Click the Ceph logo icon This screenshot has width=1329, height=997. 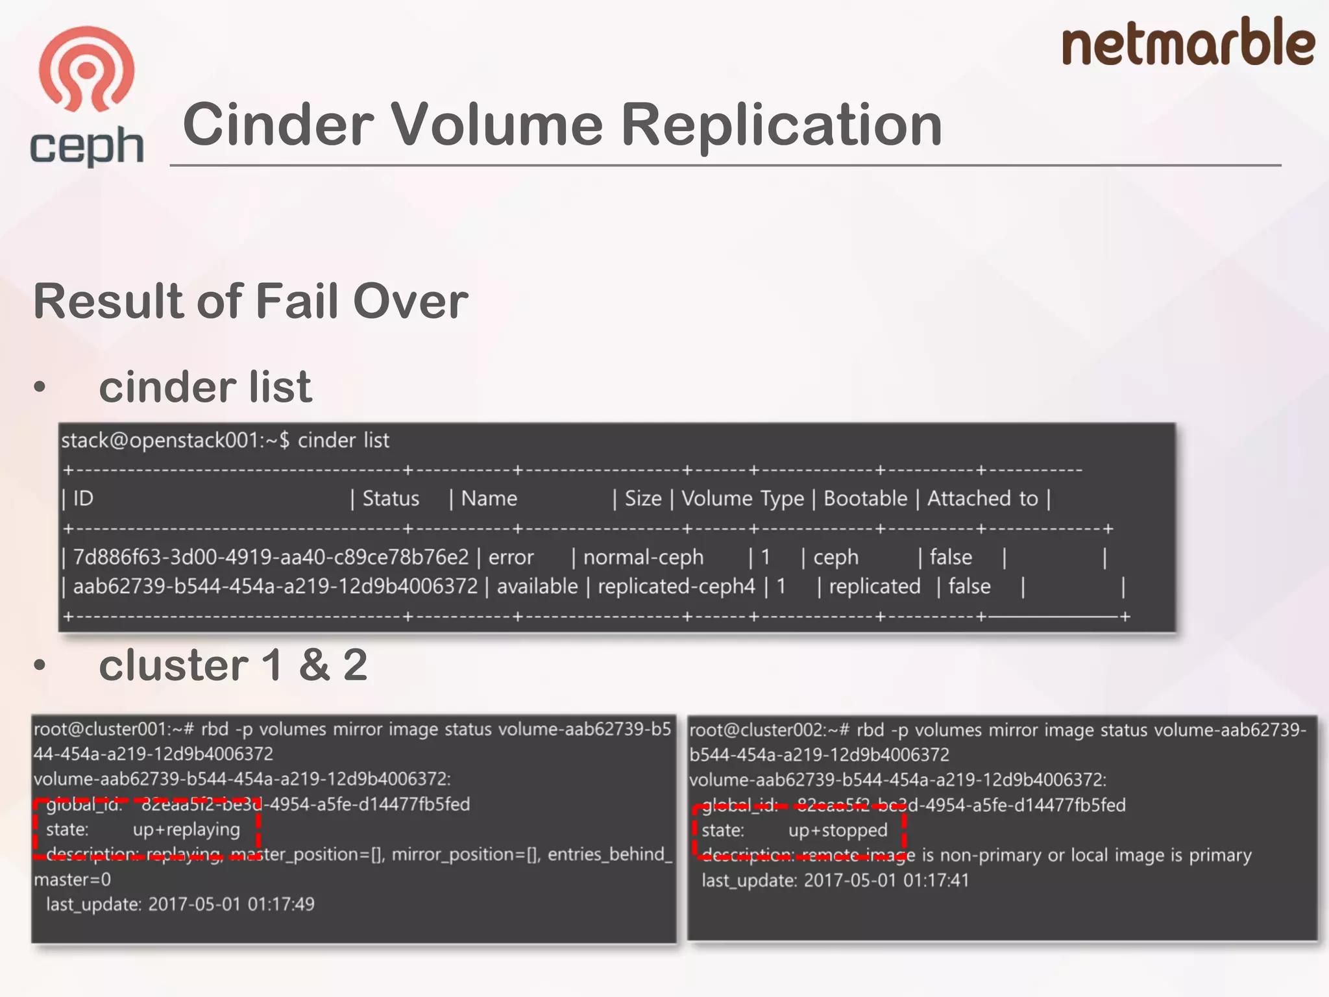pyautogui.click(x=86, y=70)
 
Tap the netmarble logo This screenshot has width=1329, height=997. pyautogui.click(x=1188, y=43)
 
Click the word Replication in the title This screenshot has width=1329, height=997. pyautogui.click(x=781, y=125)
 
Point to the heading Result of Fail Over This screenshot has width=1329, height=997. pyautogui.click(x=250, y=301)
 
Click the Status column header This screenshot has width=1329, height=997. pyautogui.click(x=391, y=498)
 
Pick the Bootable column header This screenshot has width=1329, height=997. pyautogui.click(x=865, y=498)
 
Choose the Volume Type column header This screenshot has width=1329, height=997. pyautogui.click(x=742, y=498)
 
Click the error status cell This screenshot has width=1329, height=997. pyautogui.click(x=511, y=557)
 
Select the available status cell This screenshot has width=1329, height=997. pyautogui.click(x=537, y=586)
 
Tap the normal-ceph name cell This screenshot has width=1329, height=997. pyautogui.click(x=643, y=557)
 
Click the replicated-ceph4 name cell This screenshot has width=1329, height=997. pyautogui.click(x=676, y=586)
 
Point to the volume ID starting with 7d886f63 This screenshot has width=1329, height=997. pyautogui.click(x=271, y=557)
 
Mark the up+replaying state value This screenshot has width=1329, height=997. pyautogui.click(x=186, y=830)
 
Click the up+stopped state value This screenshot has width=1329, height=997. pyautogui.click(x=838, y=830)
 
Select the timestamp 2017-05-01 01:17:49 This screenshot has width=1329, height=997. pyautogui.click(x=231, y=904)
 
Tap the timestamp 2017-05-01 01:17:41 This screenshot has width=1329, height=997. pyautogui.click(x=886, y=880)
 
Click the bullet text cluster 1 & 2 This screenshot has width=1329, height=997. pyautogui.click(x=233, y=665)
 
